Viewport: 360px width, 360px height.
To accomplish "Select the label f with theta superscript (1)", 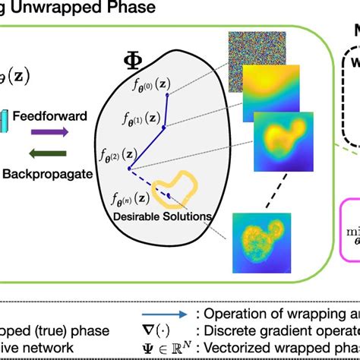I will [x=141, y=118].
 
